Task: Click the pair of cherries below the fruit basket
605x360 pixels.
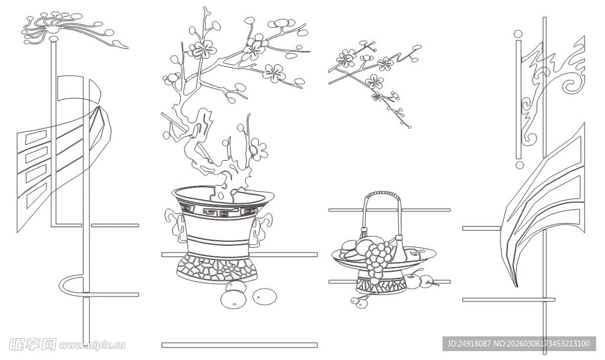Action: click(360, 301)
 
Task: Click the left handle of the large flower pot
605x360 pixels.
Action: click(175, 226)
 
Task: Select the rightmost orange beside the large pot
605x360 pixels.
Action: click(265, 297)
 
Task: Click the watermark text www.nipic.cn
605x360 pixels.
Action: click(92, 345)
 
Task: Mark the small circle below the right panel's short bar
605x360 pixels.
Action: click(520, 165)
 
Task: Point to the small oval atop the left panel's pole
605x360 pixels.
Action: click(54, 38)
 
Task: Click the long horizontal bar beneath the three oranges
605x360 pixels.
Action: click(240, 345)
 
